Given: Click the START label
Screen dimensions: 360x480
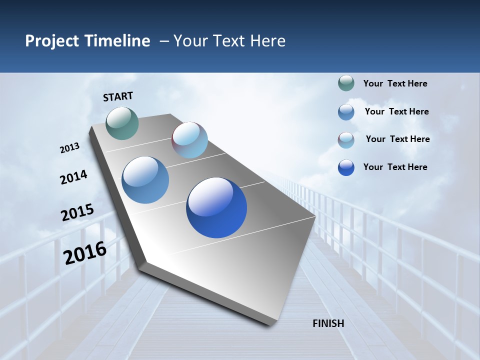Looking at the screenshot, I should coord(118,96).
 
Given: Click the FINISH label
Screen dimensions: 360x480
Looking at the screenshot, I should coord(328,323).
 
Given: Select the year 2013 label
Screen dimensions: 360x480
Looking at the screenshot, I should coord(70,148).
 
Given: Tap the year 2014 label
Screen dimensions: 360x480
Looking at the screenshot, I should coord(73,177).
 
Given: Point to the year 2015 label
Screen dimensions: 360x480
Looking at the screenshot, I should coord(77,212).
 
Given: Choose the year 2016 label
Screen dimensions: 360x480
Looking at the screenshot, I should coord(85,252).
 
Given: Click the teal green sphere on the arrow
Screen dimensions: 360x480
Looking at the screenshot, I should coord(122,123).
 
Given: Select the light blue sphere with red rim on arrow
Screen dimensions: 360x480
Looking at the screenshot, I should coord(189,140).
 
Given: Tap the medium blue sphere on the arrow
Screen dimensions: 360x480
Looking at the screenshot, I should coord(145,180).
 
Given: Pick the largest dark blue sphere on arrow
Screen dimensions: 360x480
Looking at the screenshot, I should coord(216,207).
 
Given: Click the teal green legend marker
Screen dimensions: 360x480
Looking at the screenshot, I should coord(346,83).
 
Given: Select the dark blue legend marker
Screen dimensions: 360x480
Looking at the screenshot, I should coord(346,167).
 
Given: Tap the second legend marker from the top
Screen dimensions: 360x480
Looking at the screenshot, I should coord(346,112).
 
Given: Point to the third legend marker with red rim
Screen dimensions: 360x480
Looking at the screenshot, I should coord(346,140).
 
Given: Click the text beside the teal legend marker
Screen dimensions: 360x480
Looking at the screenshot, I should coord(395,83).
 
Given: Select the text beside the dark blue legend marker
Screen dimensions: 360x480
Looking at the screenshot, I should coord(395,167).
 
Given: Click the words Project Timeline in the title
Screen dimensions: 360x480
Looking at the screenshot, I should coord(87,41).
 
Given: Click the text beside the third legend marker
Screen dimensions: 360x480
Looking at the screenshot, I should coord(397,139).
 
